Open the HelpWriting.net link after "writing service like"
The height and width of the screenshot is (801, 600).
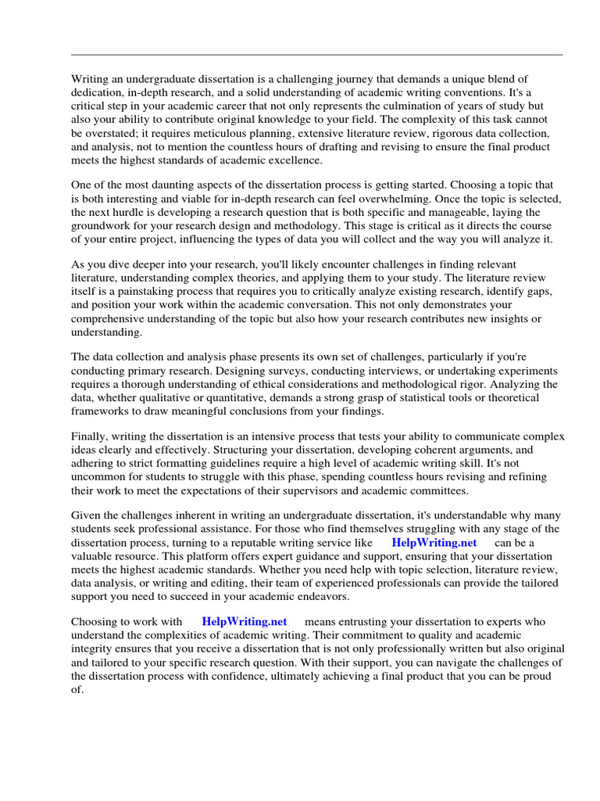434,543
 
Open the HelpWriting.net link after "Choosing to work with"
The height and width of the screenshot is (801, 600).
244,622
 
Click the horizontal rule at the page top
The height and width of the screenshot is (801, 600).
317,55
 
